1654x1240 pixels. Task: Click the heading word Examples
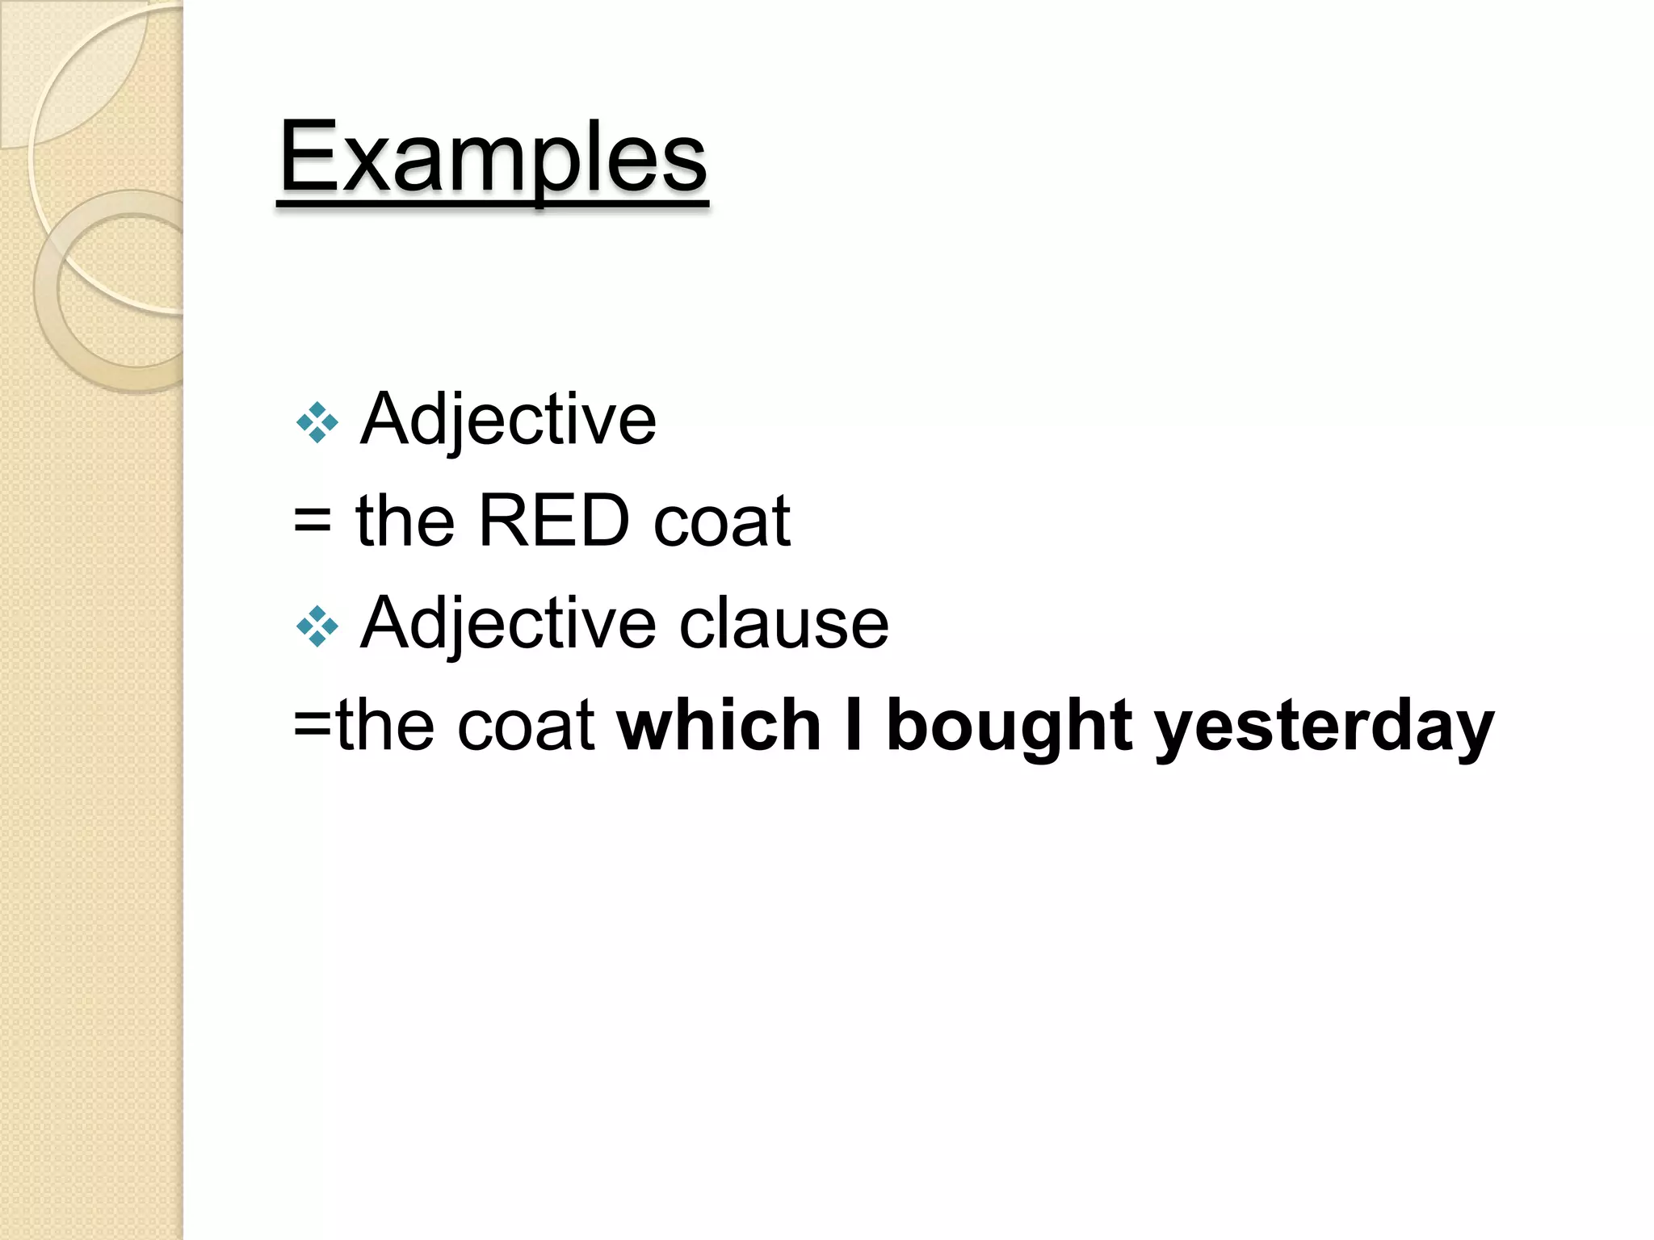[x=493, y=157]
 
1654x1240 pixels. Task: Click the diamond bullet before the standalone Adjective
[x=317, y=422]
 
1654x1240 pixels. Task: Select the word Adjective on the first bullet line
[x=508, y=420]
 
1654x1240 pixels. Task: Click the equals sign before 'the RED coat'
[x=313, y=522]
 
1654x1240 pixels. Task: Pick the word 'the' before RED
[x=405, y=522]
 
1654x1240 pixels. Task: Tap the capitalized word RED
[x=554, y=522]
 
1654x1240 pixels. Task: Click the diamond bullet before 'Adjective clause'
[x=317, y=626]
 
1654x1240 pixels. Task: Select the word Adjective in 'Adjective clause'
[x=508, y=624]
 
